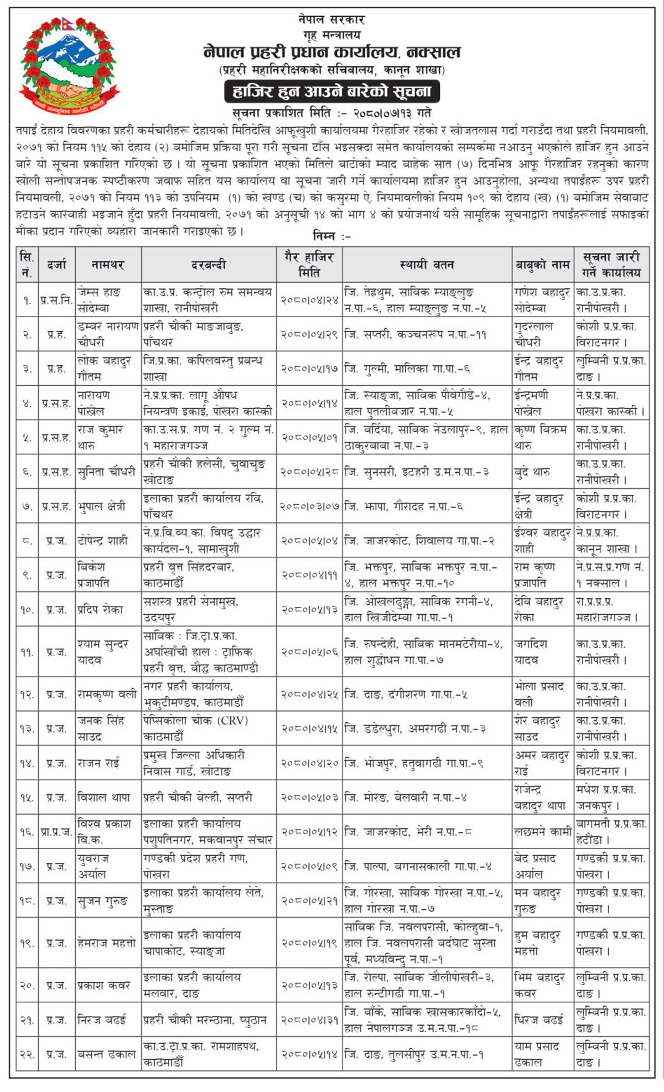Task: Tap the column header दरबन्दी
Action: click(209, 265)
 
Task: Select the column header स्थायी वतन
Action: click(427, 265)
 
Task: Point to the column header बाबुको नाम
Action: click(542, 265)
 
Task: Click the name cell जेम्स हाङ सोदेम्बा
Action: click(108, 300)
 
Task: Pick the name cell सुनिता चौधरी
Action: click(108, 472)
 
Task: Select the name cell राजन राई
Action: click(108, 763)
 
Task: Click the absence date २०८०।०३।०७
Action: click(309, 506)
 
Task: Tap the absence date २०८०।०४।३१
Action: click(309, 1019)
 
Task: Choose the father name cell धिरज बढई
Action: click(542, 1019)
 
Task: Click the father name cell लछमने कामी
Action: click(542, 832)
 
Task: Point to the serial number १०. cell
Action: click(27, 609)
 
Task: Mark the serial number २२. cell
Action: click(27, 1054)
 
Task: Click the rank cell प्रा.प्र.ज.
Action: click(56, 832)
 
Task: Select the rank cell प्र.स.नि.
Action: click(56, 300)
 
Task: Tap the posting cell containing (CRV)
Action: click(209, 728)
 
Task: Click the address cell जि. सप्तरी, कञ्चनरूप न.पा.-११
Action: click(427, 334)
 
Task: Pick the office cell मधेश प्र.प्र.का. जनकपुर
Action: click(611, 797)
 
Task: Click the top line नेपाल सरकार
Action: click(331, 19)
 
